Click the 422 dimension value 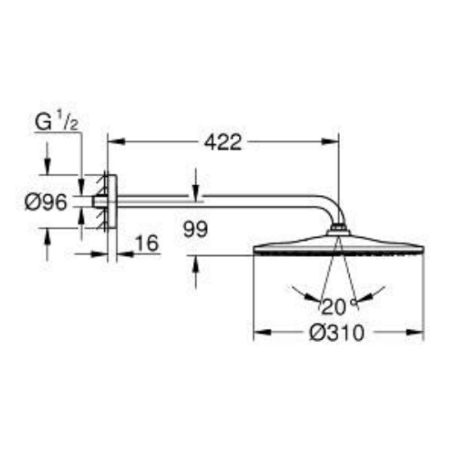click(x=222, y=142)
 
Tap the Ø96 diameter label click(x=46, y=202)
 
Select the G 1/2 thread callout click(x=56, y=122)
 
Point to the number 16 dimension click(x=147, y=243)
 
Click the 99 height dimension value click(x=196, y=230)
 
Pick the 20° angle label click(x=338, y=307)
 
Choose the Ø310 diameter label click(x=337, y=333)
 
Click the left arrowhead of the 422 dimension click(x=116, y=141)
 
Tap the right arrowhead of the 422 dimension click(x=330, y=141)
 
